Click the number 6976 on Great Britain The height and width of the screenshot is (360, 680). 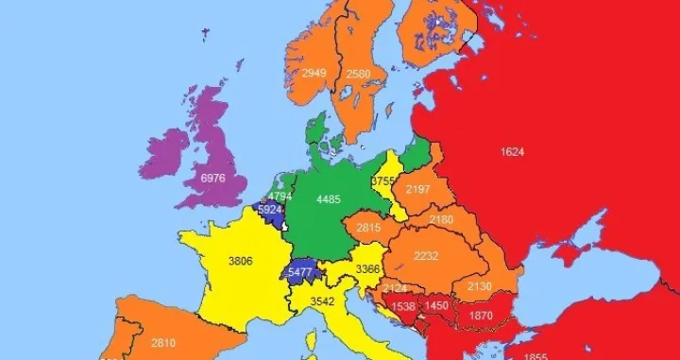(213, 178)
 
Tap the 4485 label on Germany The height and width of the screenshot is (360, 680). (330, 198)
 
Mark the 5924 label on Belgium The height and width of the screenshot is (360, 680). (270, 210)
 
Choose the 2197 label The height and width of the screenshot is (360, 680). (417, 190)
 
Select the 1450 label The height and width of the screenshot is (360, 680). (436, 307)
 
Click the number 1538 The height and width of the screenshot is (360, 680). (403, 307)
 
